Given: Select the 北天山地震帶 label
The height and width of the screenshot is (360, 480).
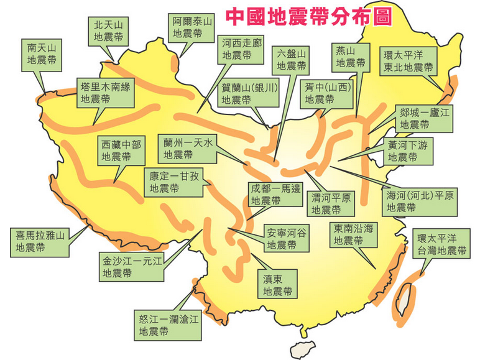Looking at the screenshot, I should click(x=108, y=31).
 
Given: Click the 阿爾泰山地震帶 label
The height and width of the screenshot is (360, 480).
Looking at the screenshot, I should click(x=192, y=27).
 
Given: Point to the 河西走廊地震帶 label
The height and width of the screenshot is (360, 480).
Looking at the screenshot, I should click(x=240, y=49).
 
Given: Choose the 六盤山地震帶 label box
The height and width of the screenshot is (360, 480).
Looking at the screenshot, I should click(x=291, y=59).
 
